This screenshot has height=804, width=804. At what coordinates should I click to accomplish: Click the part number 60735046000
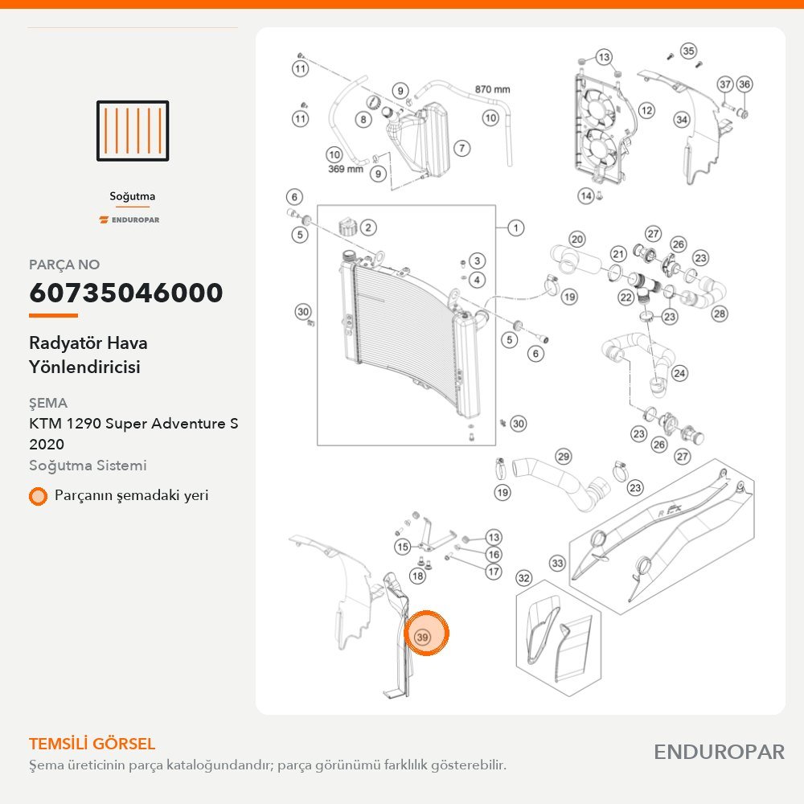coord(126,293)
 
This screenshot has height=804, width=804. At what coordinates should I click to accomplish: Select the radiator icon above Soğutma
coord(133,131)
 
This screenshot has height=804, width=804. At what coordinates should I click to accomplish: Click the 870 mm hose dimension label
coord(492,89)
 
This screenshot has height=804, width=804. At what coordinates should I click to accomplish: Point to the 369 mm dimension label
coord(345,169)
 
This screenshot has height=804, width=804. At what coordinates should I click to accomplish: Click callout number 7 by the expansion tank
coord(462,148)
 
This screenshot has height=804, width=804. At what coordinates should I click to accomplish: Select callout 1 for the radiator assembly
coord(516,228)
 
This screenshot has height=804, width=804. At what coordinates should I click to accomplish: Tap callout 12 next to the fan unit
coord(646,110)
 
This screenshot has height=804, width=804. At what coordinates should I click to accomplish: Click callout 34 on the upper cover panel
coord(682,120)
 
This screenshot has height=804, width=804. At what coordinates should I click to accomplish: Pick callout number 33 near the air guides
coord(557,564)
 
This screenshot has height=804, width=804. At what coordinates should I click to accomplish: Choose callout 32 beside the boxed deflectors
coord(523,578)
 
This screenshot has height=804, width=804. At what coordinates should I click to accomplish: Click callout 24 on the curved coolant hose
coord(679,373)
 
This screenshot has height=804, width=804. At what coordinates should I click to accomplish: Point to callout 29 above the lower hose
coord(563,457)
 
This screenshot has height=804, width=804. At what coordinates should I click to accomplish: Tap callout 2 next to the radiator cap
coord(368,228)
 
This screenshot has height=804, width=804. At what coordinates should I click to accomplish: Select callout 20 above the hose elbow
coord(577,240)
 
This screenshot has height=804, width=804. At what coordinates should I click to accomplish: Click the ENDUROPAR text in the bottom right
coord(719,752)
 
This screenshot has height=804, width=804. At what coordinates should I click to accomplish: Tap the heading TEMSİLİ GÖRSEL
coord(92,744)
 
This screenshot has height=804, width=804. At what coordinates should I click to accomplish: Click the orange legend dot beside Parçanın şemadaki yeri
coord(38,496)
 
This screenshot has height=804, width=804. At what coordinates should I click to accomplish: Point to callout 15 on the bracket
coord(403,547)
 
